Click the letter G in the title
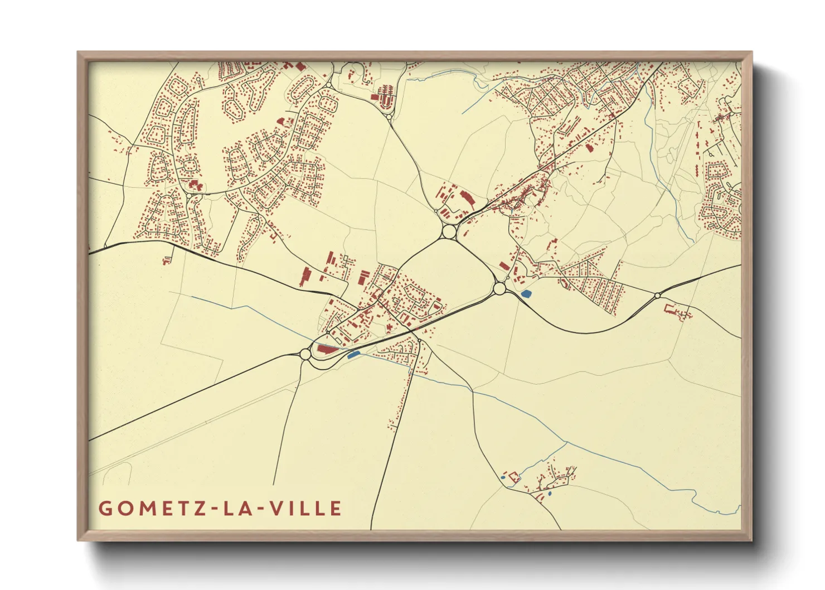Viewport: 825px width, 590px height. pos(104,509)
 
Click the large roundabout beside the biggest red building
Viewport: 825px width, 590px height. pos(305,354)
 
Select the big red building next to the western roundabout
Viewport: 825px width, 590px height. pos(327,350)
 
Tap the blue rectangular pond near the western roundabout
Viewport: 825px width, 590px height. pos(352,354)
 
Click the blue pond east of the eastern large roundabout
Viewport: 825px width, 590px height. pos(525,293)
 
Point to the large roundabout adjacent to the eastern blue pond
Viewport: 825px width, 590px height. pos(499,288)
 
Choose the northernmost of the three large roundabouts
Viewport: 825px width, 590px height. pos(449,230)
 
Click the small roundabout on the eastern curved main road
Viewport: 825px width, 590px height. pos(658,295)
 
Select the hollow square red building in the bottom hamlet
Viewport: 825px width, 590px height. pos(513,476)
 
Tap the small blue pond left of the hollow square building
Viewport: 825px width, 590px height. pos(503,477)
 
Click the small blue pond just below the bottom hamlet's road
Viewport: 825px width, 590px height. pos(550,494)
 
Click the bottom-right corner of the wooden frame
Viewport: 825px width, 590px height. pos(750,539)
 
